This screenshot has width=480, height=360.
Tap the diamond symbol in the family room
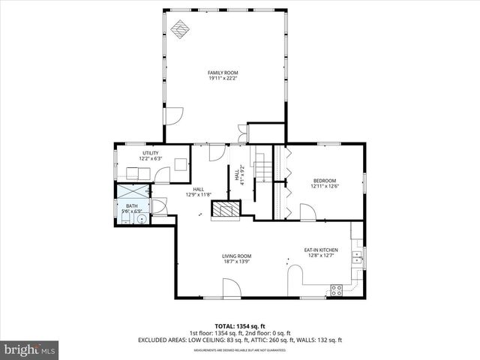click(x=179, y=29)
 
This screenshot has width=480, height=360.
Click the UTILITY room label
click(x=151, y=153)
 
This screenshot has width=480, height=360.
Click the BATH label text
click(x=131, y=205)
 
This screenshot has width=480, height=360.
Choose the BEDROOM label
click(x=324, y=180)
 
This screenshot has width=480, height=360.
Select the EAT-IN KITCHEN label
click(x=321, y=250)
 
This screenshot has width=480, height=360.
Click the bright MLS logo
click(x=30, y=349)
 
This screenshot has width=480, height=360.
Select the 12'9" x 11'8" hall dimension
click(x=199, y=195)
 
